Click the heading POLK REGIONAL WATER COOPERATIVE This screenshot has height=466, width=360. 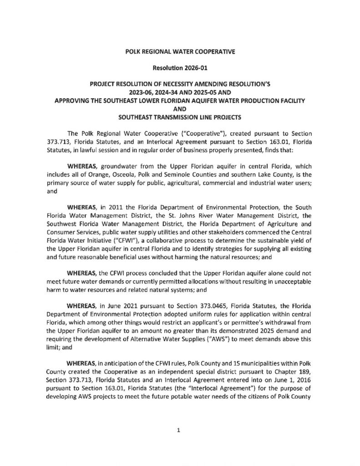pyautogui.click(x=180, y=52)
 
